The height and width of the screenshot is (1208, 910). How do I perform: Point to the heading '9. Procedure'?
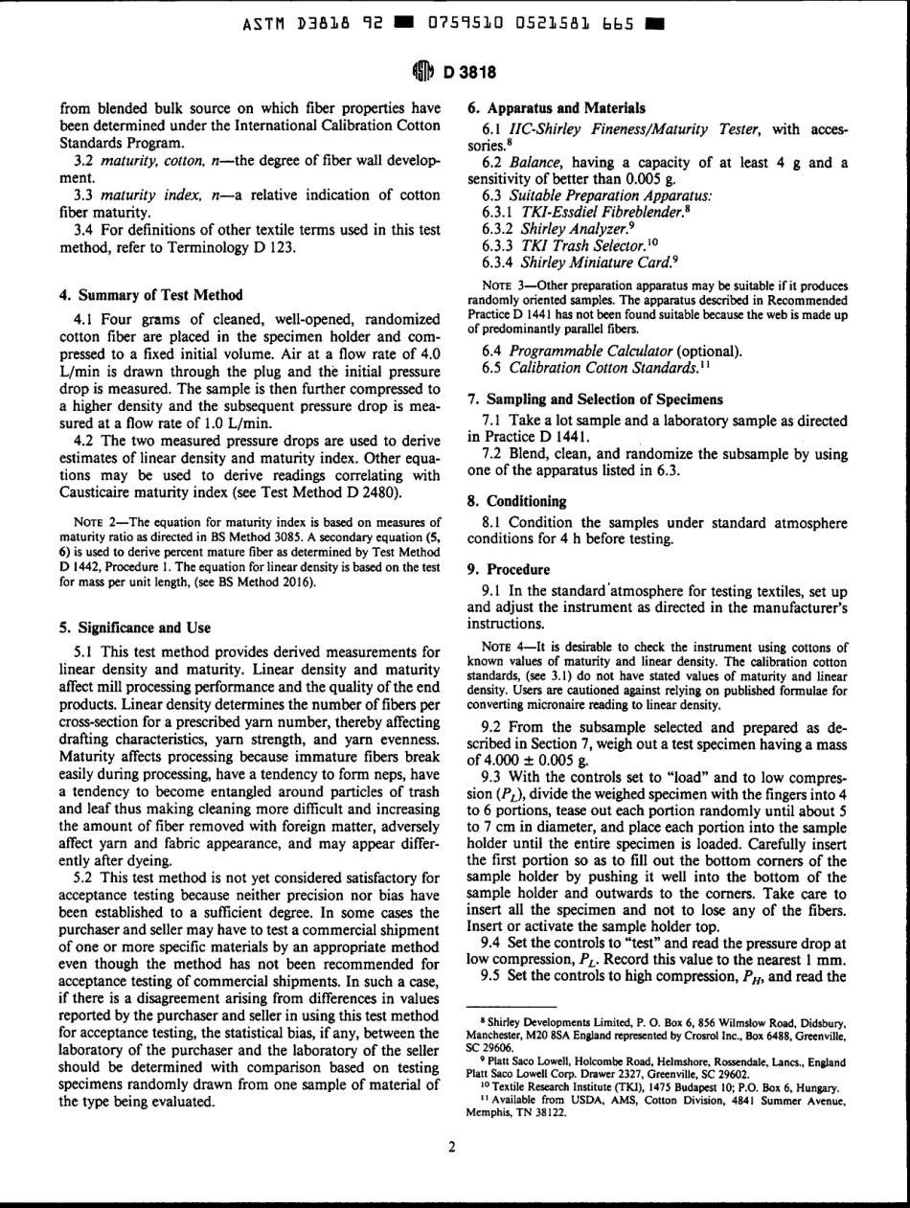(509, 567)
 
